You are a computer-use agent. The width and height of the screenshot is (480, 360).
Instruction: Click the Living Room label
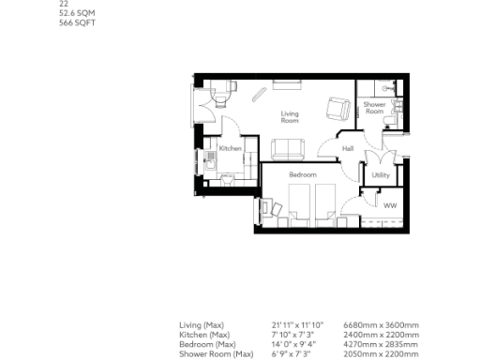click(x=291, y=117)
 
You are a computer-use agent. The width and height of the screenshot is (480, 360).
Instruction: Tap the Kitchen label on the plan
click(x=230, y=149)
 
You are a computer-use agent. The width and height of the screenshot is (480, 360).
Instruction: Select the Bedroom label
click(x=302, y=175)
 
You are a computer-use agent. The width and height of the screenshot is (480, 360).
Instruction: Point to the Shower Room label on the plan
click(x=374, y=108)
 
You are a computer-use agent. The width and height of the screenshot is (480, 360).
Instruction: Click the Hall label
click(x=347, y=148)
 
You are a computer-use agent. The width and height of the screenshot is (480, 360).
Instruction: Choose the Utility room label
click(x=381, y=175)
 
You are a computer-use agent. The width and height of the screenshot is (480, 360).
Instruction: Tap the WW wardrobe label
click(x=390, y=204)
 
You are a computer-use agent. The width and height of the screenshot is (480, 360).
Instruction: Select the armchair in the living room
click(x=335, y=107)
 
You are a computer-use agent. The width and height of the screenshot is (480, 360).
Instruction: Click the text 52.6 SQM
click(x=76, y=13)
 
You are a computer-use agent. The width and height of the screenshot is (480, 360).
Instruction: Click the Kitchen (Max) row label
click(x=204, y=335)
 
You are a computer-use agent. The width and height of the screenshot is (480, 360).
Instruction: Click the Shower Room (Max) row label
click(x=217, y=354)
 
